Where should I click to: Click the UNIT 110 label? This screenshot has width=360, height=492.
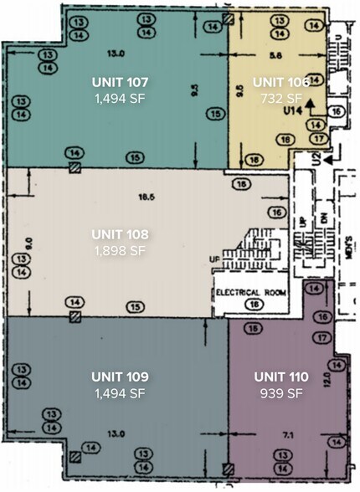point(280,377)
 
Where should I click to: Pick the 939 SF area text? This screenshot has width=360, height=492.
point(280,393)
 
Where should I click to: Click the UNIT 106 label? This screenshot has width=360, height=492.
point(280,82)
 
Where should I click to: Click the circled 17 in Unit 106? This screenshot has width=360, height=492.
point(316,138)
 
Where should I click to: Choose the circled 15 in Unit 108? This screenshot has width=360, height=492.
point(133,309)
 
